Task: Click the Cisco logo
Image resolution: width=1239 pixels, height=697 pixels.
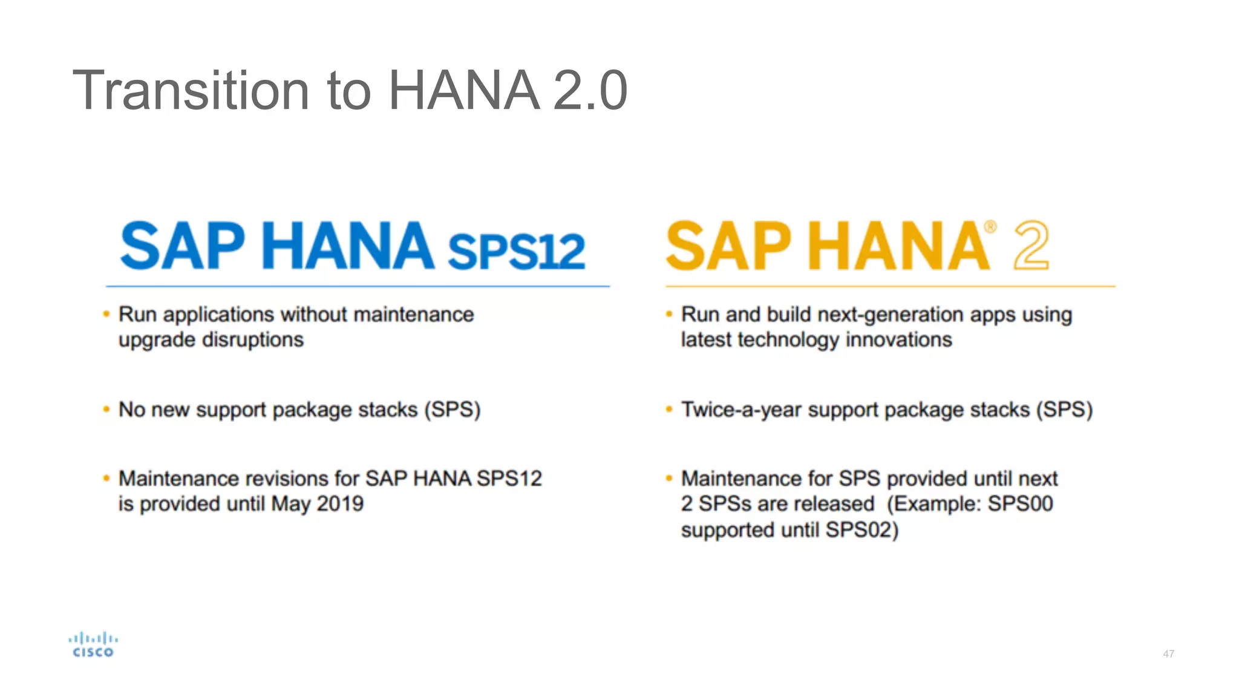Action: coord(93,645)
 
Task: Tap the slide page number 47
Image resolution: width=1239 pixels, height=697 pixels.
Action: coord(1168,654)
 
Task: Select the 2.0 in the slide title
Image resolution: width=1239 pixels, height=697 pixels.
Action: coord(590,91)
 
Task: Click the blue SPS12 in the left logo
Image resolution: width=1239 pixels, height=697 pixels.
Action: coord(516,250)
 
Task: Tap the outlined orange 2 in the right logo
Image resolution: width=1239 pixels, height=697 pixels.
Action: coord(1031,245)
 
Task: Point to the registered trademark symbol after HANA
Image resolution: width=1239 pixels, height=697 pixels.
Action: coord(990,227)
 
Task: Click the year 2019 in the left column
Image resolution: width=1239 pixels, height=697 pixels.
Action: coord(340,504)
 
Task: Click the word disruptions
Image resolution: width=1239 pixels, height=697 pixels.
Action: coord(253,340)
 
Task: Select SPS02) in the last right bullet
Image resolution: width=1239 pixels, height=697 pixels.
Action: coord(862,531)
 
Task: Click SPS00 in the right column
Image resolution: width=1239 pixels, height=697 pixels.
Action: coord(1020,504)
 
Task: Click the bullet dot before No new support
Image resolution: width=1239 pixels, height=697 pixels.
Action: coord(106,410)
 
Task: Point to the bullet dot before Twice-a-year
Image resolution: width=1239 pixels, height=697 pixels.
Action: coord(669,410)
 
